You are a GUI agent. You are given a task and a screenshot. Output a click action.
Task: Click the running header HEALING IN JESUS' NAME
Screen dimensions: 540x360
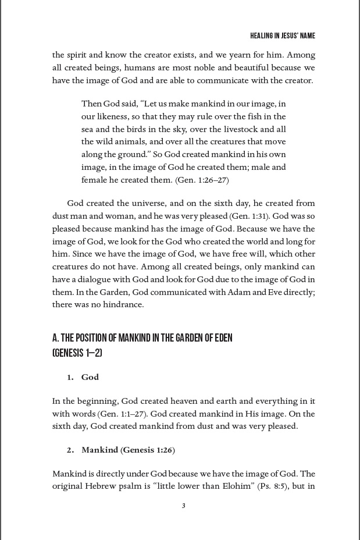(x=283, y=36)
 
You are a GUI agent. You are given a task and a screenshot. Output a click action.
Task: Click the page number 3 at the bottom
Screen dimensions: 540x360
(x=183, y=506)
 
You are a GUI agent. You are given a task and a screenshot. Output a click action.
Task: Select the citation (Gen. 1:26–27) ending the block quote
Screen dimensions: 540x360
(x=202, y=180)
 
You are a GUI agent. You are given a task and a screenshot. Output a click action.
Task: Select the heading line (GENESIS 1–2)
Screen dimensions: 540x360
(x=77, y=353)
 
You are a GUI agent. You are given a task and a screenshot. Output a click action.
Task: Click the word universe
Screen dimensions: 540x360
(x=149, y=203)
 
